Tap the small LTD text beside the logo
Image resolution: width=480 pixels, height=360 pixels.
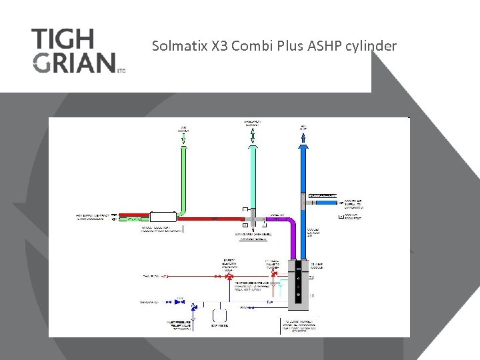point(121,69)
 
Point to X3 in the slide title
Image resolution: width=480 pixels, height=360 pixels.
point(216,46)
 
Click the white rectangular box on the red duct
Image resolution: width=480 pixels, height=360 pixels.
point(162,217)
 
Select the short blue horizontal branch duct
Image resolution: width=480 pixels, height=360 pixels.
point(326,202)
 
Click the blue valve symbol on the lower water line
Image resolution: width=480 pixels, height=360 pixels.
point(179,302)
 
